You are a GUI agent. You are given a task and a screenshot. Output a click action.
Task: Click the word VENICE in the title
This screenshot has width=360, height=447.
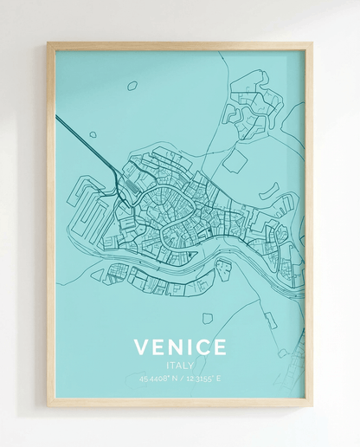[x=180, y=347]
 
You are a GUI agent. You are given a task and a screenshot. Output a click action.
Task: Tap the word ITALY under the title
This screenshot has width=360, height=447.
[x=180, y=366]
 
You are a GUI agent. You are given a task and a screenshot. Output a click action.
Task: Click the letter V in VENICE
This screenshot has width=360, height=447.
[x=142, y=347]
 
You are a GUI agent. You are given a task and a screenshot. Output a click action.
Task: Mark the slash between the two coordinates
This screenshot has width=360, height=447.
[x=181, y=378]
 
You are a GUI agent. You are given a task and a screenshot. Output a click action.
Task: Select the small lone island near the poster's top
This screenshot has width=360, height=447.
[x=132, y=86]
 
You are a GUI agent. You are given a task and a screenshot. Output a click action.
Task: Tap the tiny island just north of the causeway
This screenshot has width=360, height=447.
[x=93, y=135]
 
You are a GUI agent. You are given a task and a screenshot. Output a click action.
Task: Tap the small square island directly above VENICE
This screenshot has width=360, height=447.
[x=208, y=319]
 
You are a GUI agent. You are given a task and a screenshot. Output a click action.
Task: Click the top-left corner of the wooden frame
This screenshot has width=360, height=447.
[x=48, y=42]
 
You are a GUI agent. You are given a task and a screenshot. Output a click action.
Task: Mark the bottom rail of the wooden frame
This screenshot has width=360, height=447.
[x=180, y=402]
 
